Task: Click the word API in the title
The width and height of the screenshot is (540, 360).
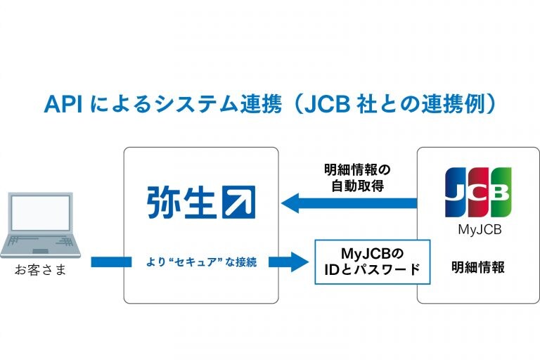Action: pos(63,103)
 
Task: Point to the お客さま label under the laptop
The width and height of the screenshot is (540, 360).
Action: pos(40,270)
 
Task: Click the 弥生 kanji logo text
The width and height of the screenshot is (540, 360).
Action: pos(181,202)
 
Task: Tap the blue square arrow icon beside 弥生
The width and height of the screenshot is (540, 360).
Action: pos(239,202)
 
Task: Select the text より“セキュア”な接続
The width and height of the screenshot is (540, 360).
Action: pos(202,262)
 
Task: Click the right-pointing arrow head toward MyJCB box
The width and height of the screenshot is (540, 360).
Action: pos(300,262)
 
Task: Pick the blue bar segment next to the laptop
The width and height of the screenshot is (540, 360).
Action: pos(111,262)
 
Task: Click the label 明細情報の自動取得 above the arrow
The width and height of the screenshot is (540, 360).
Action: pos(357,178)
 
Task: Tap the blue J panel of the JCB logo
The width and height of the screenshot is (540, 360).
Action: pos(456,192)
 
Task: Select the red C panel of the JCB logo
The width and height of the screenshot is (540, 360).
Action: pos(478,192)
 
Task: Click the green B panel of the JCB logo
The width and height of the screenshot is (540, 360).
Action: pos(501,192)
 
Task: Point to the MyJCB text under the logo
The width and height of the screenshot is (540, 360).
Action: pos(480,229)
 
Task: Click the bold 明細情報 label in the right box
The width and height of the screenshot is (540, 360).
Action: pos(478,267)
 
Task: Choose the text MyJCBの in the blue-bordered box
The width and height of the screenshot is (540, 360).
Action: pos(372,254)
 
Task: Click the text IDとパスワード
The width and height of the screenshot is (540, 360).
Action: pos(372,269)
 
